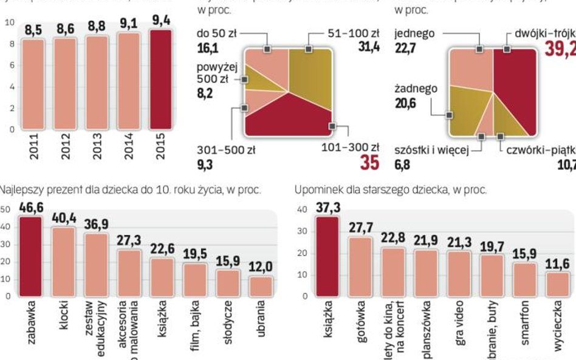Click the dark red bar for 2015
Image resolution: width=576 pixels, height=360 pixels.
click(x=160, y=79)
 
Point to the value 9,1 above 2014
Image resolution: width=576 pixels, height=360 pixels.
click(x=128, y=25)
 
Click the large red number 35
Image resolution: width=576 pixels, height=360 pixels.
click(x=368, y=163)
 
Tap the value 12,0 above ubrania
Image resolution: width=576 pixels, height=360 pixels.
click(x=260, y=268)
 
